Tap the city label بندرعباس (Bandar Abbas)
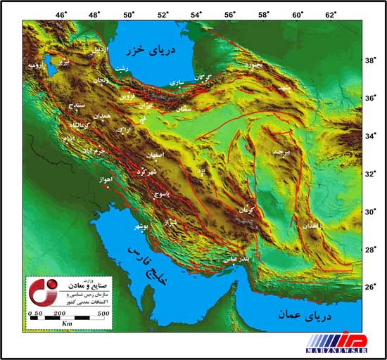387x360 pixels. [x=233, y=259]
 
